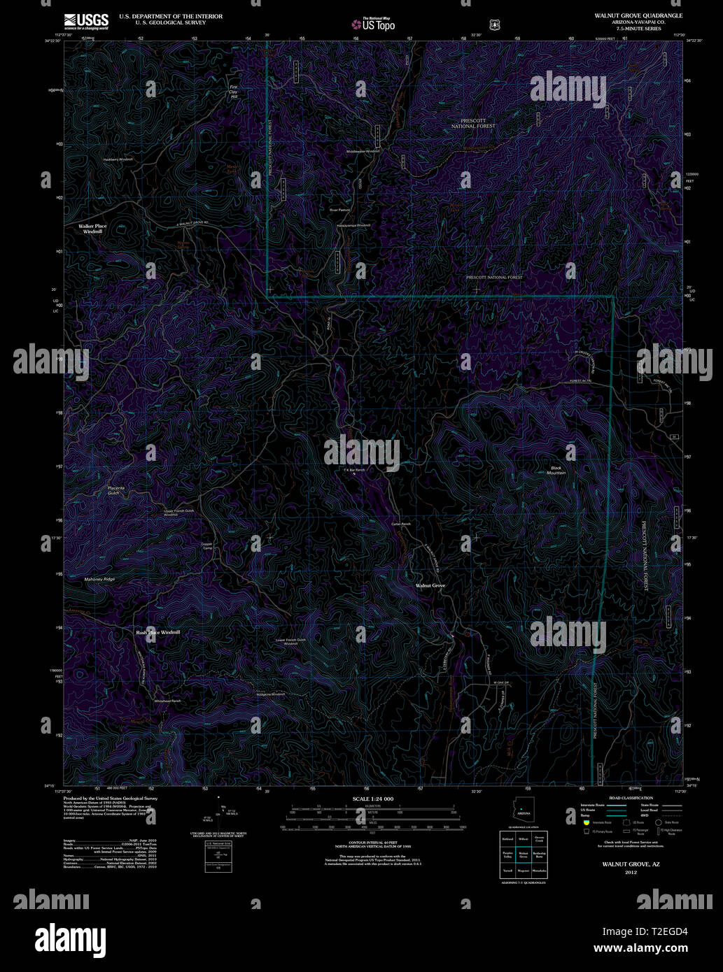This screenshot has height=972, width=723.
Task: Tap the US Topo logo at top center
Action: [x=373, y=24]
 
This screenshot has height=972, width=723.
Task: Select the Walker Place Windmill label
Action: [x=92, y=229]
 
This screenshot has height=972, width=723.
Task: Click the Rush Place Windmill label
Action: [x=157, y=632]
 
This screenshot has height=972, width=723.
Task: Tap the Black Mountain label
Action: [x=556, y=470]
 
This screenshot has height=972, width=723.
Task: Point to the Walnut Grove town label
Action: [x=430, y=585]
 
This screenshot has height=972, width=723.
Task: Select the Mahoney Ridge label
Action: [x=99, y=580]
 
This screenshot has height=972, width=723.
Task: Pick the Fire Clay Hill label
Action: [x=234, y=92]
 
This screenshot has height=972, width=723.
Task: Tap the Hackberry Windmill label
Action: [x=118, y=160]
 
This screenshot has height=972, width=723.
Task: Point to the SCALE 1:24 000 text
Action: [x=372, y=799]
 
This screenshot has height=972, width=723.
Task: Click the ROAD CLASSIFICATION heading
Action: [x=631, y=798]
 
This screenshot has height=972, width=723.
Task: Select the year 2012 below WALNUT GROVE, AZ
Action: [x=631, y=872]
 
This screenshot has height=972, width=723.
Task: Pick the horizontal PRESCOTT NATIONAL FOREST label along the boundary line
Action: [x=494, y=278]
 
